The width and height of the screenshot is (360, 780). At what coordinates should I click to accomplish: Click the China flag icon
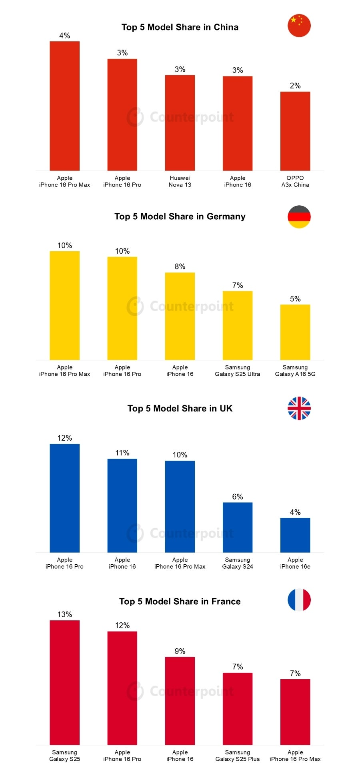299,26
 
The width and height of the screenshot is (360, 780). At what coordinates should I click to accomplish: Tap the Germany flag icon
299,217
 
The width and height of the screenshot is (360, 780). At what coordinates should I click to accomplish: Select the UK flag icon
299,408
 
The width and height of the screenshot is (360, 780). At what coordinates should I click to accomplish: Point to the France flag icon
299,600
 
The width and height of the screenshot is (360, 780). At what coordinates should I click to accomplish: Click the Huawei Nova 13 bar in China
180,123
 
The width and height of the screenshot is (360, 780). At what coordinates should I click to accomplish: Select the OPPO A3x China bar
295,131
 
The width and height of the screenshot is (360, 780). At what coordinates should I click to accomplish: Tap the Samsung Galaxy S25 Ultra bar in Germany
238,325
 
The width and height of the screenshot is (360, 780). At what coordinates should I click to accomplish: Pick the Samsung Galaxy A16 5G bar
295,332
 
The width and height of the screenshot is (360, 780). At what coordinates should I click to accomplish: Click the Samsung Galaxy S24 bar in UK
238,527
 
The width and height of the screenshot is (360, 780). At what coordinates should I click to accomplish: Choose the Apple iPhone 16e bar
295,535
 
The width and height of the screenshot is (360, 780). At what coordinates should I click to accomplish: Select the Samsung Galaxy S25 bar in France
64,682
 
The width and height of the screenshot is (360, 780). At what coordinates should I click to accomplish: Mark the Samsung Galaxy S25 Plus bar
238,708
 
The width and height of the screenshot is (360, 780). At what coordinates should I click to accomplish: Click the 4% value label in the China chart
64,36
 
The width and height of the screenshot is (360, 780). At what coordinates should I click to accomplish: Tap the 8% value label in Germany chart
180,267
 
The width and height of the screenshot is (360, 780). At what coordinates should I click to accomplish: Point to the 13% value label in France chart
64,614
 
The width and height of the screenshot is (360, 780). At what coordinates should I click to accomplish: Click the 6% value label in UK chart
238,497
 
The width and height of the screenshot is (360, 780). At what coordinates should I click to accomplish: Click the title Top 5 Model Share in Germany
180,217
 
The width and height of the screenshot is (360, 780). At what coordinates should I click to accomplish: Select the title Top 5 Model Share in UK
180,408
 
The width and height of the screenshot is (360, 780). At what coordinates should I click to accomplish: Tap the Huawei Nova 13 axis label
180,181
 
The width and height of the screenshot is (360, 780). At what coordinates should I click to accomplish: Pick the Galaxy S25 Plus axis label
238,756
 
